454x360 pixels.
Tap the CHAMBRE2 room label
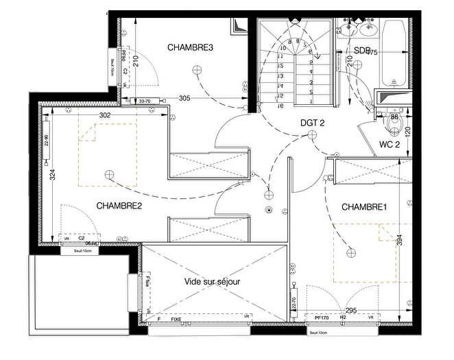[119, 205]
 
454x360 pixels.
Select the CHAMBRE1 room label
[364, 206]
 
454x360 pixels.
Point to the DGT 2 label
[312, 123]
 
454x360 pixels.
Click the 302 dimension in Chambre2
[105, 115]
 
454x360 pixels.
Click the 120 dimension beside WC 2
[407, 132]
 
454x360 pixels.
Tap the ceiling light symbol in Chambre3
[198, 69]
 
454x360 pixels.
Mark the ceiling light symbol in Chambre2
[108, 176]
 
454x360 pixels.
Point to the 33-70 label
[144, 102]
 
